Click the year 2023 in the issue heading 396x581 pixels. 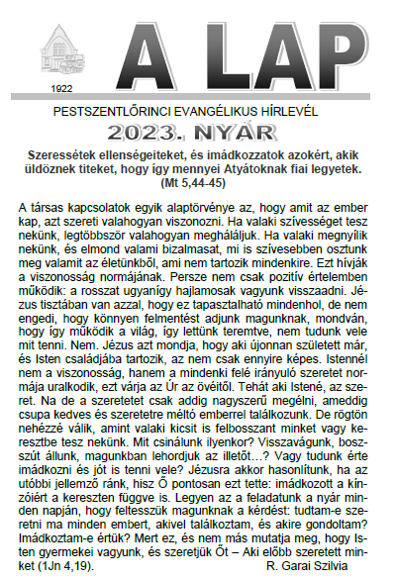pos(173,130)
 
